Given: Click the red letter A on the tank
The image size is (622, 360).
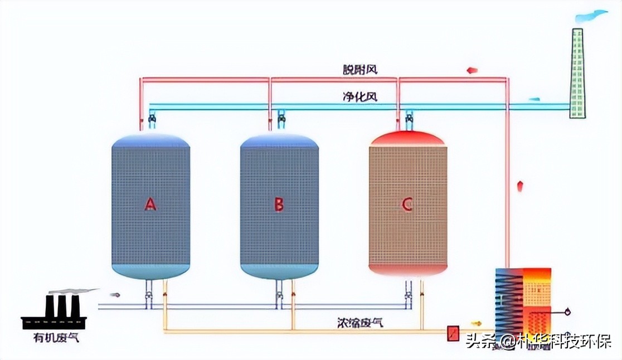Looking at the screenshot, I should tap(150, 205).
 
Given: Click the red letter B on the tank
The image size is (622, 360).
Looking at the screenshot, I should tap(279, 205).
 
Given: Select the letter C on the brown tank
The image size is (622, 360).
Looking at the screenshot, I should tap(407, 205).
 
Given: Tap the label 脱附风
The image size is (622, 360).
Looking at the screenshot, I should tap(360, 70).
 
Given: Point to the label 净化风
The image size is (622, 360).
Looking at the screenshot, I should tap(360, 96).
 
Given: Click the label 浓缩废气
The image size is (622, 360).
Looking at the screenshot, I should tap(360, 322).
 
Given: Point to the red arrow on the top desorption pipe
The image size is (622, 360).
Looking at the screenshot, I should tap(472, 70).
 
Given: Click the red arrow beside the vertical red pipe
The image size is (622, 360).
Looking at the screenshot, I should tap(520, 186).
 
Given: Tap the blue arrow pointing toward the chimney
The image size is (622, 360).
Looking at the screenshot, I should tap(534, 99).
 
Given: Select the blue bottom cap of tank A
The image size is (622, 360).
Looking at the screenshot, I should tap(150, 271).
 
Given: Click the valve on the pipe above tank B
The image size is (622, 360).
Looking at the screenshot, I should tap(281, 118).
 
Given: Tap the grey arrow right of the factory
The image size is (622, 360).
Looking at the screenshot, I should tap(115, 294).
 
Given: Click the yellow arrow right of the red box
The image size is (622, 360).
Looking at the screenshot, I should tap(475, 323).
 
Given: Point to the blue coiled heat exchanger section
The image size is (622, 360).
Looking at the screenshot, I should tap(508, 301).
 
